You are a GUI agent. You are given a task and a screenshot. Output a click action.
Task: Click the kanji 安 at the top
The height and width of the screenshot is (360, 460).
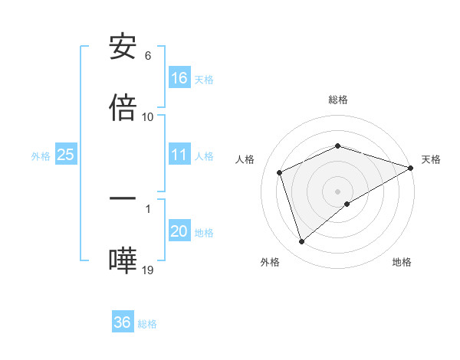(x=123, y=47)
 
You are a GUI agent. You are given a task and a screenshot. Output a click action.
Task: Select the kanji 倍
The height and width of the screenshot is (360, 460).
(x=123, y=107)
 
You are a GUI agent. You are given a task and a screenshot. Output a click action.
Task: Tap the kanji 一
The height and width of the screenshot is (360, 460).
(x=123, y=198)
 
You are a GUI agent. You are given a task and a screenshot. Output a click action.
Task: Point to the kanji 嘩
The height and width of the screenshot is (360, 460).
(x=123, y=260)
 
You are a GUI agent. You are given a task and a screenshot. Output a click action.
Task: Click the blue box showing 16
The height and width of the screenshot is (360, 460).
(x=179, y=78)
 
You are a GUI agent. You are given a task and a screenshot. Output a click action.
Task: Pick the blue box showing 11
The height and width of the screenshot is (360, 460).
(x=179, y=155)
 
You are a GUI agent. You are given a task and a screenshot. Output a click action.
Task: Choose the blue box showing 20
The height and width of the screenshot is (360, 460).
(x=179, y=232)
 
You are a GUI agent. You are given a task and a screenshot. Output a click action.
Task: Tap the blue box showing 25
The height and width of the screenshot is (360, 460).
(x=66, y=155)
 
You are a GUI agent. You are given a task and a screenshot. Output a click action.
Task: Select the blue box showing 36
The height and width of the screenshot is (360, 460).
(x=123, y=322)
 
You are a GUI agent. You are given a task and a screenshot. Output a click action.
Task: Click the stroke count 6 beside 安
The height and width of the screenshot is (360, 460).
(x=148, y=56)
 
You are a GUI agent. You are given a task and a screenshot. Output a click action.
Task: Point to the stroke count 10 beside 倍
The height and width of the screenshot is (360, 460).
(x=148, y=116)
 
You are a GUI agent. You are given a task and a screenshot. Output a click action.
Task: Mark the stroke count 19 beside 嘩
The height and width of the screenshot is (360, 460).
(x=148, y=270)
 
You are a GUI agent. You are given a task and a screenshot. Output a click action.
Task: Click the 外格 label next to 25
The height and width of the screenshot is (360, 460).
(x=41, y=155)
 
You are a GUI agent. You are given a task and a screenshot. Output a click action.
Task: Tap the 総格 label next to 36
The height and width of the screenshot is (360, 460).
(x=147, y=323)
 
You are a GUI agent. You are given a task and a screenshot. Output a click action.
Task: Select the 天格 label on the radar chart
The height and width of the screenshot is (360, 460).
(x=432, y=159)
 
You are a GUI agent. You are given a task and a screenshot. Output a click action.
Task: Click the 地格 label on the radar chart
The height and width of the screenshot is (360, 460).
(x=402, y=262)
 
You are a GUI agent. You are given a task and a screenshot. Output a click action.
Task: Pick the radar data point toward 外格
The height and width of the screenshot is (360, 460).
(x=301, y=241)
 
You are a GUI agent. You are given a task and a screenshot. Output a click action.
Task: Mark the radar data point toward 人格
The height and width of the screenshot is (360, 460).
(x=281, y=172)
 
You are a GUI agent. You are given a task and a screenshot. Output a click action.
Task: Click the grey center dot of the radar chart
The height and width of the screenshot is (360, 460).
(x=338, y=191)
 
